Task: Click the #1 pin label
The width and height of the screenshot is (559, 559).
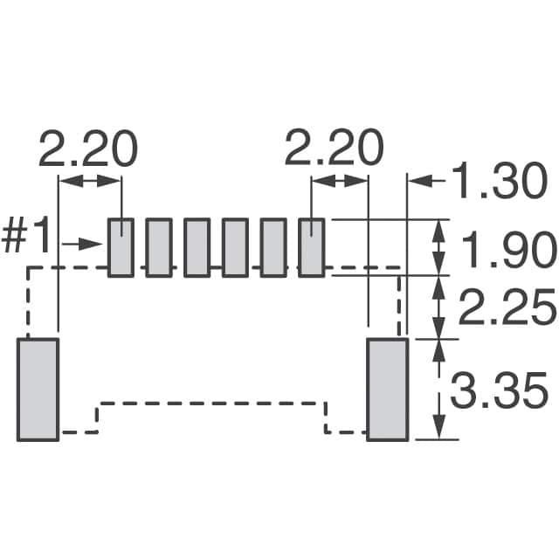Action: (x=28, y=238)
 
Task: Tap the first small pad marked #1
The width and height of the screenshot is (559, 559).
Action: (x=121, y=247)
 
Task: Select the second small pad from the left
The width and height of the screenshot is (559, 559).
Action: (x=159, y=247)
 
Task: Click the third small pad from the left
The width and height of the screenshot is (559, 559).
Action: (x=197, y=247)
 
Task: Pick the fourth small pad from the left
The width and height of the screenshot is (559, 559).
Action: (x=235, y=247)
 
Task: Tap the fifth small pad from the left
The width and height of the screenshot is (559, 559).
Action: (x=273, y=247)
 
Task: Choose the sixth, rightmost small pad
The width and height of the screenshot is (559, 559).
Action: (x=311, y=247)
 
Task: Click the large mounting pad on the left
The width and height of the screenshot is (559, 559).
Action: (x=38, y=390)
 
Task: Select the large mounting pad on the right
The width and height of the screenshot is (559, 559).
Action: (x=387, y=390)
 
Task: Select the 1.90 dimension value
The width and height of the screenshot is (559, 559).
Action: (x=507, y=250)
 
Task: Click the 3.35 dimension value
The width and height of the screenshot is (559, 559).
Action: (x=499, y=390)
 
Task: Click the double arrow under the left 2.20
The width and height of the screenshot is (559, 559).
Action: (x=89, y=181)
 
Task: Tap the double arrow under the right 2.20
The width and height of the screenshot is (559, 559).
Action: (x=340, y=181)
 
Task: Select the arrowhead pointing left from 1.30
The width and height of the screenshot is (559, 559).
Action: (x=420, y=182)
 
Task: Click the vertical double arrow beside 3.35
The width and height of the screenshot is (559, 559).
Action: (x=437, y=390)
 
